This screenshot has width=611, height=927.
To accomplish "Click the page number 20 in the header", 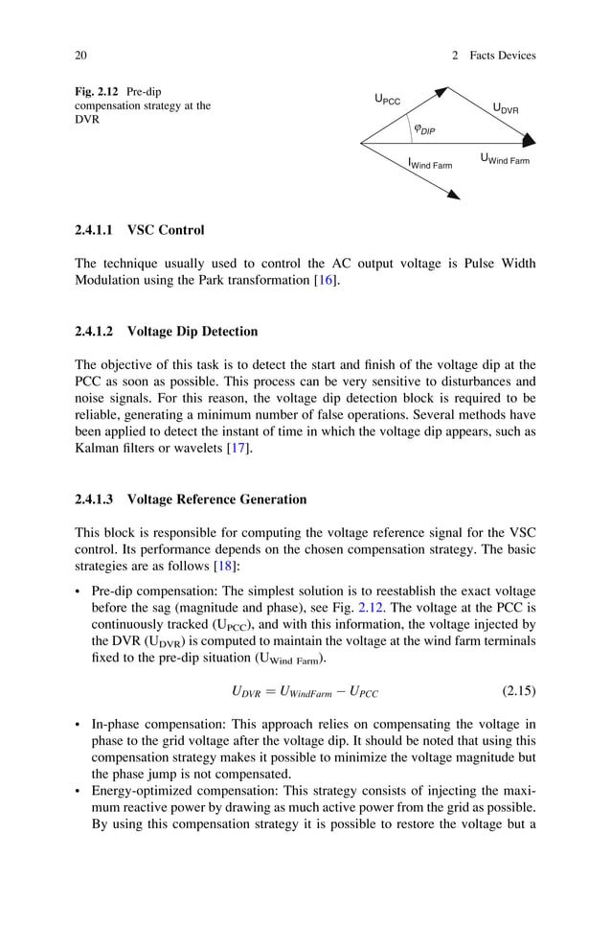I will [x=81, y=56].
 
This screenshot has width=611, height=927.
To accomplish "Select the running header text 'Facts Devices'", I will [x=502, y=56].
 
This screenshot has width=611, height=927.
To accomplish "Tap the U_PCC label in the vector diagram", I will [x=388, y=99].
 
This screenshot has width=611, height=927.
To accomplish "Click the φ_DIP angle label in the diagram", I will [x=423, y=128].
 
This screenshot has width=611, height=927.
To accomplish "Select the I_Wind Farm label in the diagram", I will [x=430, y=165].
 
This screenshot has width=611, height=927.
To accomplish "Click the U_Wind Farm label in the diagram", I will [x=504, y=159].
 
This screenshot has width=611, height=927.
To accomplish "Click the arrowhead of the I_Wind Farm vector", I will [x=453, y=195].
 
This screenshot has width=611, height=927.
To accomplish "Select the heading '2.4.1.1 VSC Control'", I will [x=139, y=231].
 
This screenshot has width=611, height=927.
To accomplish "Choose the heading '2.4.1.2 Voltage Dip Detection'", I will [x=166, y=332].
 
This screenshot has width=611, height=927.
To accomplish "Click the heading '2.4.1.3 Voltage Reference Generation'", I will [x=191, y=499].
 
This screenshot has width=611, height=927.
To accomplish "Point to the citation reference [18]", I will [x=227, y=566].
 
